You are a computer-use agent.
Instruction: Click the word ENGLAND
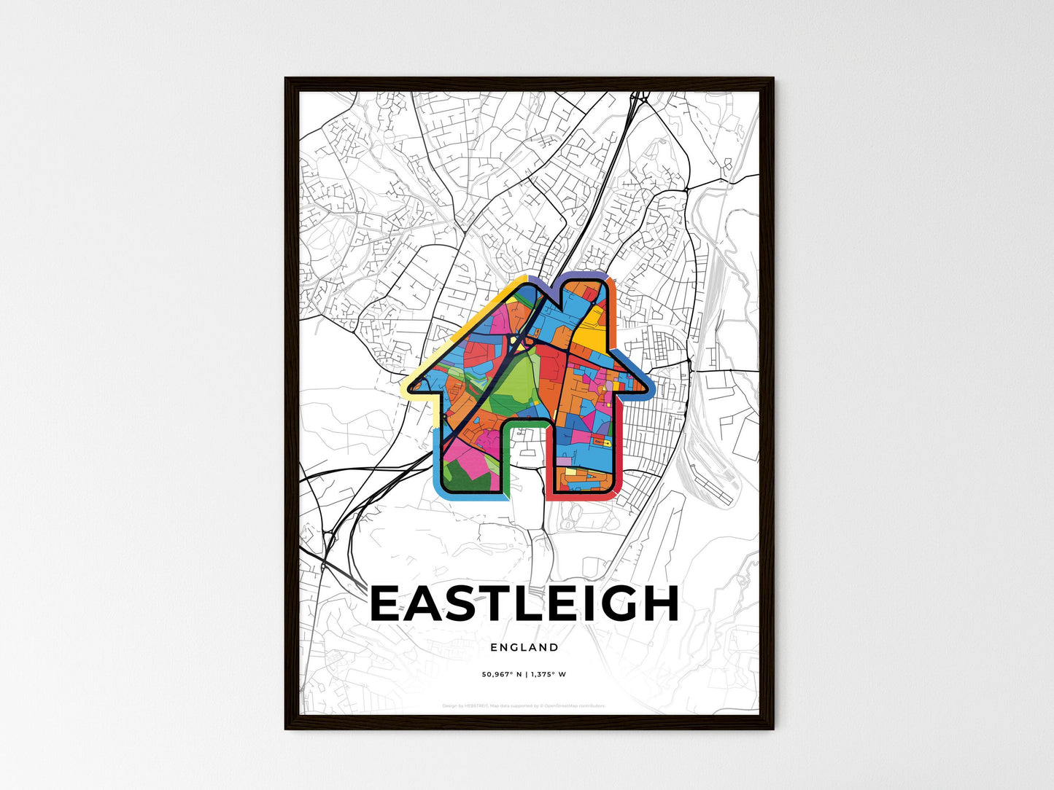(524, 647)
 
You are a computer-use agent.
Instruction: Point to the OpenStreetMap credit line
(524, 705)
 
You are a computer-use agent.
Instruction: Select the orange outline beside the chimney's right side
(613, 321)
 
